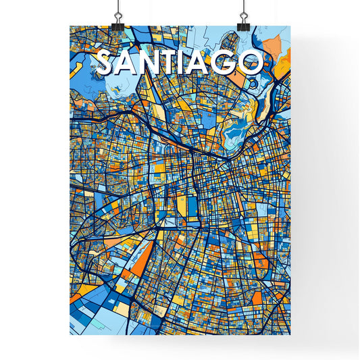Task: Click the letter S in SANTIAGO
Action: [106, 62]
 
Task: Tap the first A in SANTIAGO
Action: [128, 62]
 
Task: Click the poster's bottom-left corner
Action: [70, 335]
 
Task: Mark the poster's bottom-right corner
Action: [291, 335]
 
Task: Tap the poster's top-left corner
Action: [70, 26]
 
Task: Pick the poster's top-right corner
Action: [291, 26]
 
